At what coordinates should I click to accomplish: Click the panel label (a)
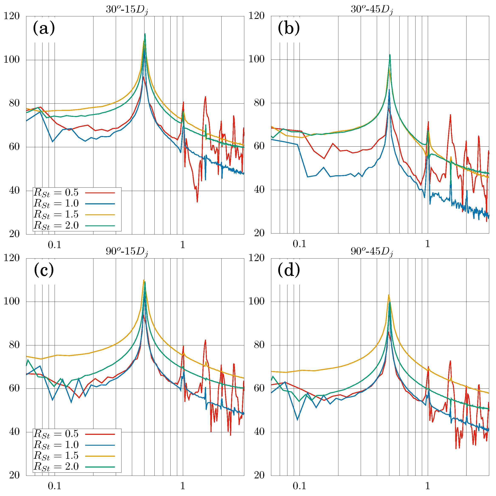pyautogui.click(x=44, y=28)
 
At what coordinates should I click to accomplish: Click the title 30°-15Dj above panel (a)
pyautogui.click(x=127, y=10)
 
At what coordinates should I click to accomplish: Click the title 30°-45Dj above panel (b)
pyautogui.click(x=372, y=10)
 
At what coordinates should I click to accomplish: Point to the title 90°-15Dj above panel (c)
pyautogui.click(x=127, y=252)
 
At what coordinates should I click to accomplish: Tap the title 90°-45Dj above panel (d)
pyautogui.click(x=372, y=252)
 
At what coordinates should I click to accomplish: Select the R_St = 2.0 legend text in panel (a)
pyautogui.click(x=56, y=226)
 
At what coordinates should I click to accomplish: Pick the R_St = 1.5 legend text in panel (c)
pyautogui.click(x=56, y=456)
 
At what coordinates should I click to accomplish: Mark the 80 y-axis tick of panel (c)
pyautogui.click(x=14, y=345)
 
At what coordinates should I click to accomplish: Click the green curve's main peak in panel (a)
pyautogui.click(x=145, y=34)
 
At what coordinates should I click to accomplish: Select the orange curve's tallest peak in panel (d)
pyautogui.click(x=389, y=295)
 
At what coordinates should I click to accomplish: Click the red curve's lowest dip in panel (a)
pyautogui.click(x=197, y=202)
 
